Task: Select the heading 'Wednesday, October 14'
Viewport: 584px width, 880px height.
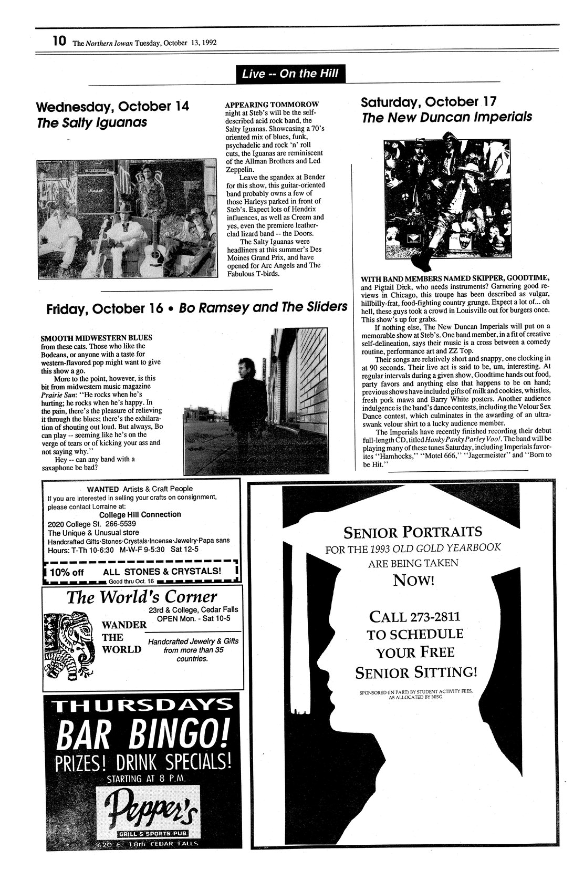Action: [x=112, y=107]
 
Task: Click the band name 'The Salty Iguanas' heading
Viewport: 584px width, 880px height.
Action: [x=92, y=123]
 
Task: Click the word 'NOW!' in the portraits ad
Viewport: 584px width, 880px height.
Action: [x=413, y=581]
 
